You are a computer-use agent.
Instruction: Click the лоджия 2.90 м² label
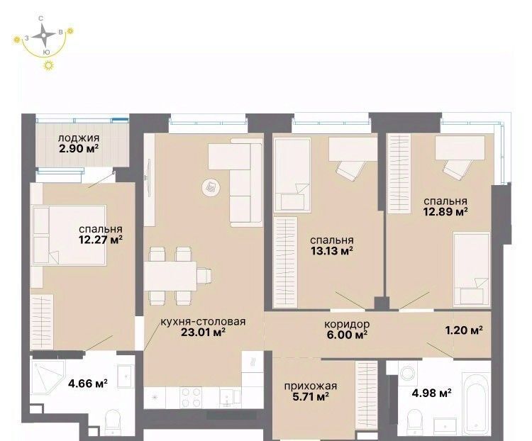pos(79,143)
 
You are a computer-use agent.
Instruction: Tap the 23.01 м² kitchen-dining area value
pos(204,332)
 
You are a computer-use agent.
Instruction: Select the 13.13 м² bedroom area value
pos(332,251)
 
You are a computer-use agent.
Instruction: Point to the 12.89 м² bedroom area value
pos(445,212)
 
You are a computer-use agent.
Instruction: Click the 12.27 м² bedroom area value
pos(101,240)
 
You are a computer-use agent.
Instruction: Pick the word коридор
pos(347,324)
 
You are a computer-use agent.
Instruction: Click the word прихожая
pos(311,386)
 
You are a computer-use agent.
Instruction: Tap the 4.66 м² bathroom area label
pos(88,384)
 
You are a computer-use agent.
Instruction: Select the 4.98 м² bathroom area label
pos(431,393)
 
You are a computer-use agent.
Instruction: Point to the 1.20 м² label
pos(464,330)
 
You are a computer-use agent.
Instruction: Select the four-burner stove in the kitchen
pos(192,398)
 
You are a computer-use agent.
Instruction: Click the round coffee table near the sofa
pos(211,187)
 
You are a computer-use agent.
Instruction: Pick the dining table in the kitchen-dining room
pos(170,276)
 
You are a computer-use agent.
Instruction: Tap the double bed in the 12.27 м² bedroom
pos(69,235)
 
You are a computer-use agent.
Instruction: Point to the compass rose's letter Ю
pos(47,52)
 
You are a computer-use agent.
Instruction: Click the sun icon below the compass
pos(49,65)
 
